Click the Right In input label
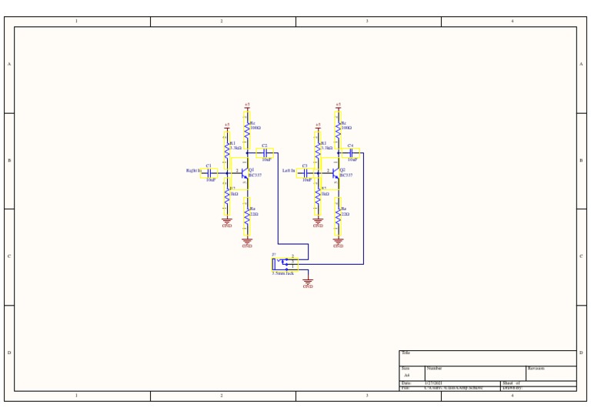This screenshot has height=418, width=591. pyautogui.click(x=193, y=171)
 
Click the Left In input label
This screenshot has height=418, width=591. pyautogui.click(x=289, y=171)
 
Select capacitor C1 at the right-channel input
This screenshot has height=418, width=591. pyautogui.click(x=209, y=173)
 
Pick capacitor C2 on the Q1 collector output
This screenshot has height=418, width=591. pyautogui.click(x=265, y=152)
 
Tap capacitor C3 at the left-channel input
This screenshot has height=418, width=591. pyautogui.click(x=306, y=173)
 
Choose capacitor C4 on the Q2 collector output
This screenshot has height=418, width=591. pyautogui.click(x=351, y=152)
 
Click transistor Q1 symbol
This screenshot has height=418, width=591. pyautogui.click(x=244, y=173)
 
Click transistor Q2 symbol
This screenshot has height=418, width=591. pyautogui.click(x=335, y=173)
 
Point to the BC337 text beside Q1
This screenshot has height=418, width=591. pyautogui.click(x=255, y=176)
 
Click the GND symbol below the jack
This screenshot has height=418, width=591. pyautogui.click(x=308, y=283)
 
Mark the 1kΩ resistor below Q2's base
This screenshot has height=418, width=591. pyautogui.click(x=318, y=199)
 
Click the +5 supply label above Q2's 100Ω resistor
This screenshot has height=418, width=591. pyautogui.click(x=338, y=105)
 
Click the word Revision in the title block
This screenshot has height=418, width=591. pyautogui.click(x=536, y=369)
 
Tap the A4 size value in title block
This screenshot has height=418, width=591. pyautogui.click(x=407, y=376)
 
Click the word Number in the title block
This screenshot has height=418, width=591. pyautogui.click(x=434, y=369)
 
